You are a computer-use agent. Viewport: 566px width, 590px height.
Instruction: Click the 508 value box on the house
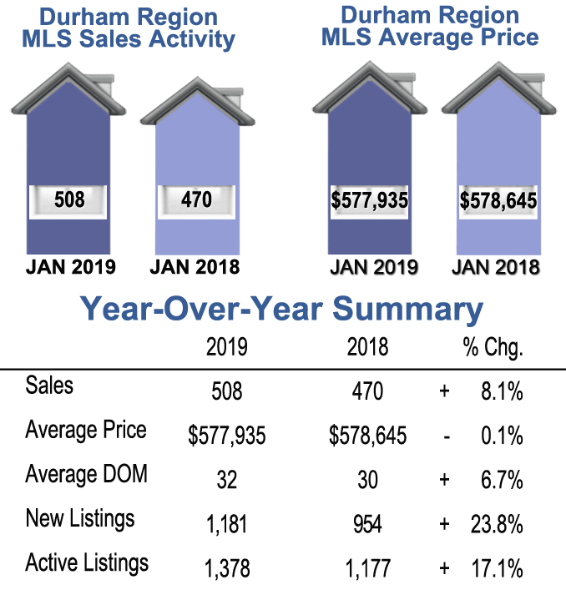[x=69, y=200]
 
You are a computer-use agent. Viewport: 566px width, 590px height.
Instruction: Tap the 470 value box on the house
[x=197, y=200]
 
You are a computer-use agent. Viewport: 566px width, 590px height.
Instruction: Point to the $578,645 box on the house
[x=498, y=201]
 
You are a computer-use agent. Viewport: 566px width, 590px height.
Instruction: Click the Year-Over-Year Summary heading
[x=282, y=310]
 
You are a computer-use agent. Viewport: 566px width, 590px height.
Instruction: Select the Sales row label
[x=49, y=386]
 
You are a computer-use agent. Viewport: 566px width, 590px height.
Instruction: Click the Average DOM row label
[x=86, y=475]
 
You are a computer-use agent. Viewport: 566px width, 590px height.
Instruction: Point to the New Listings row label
[x=79, y=519]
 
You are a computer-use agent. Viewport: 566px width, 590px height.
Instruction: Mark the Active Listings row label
[x=87, y=563]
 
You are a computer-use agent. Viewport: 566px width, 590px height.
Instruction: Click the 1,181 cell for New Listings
[x=226, y=524]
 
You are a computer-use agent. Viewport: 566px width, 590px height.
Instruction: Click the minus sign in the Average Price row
[x=444, y=436]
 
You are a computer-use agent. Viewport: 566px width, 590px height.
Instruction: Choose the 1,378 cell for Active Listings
[x=226, y=569]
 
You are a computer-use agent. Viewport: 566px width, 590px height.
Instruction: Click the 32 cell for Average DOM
[x=226, y=480]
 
